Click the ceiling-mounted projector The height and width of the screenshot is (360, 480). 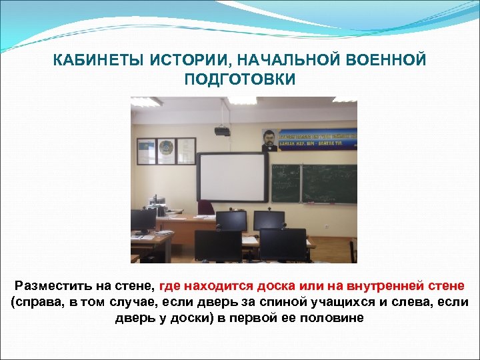(222, 131)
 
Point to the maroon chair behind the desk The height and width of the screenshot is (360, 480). (206, 207)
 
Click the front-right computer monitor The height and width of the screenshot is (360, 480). (283, 244)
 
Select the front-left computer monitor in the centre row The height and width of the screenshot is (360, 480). (218, 245)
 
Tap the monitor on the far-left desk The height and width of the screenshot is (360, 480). (143, 220)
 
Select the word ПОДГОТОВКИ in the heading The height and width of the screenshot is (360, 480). (239, 79)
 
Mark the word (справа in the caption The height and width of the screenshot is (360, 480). (34, 302)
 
